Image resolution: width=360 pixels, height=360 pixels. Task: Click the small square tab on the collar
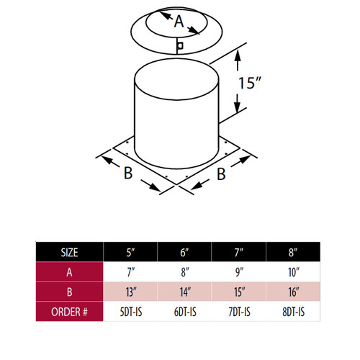[x=181, y=46]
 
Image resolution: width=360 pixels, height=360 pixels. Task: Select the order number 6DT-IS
[x=185, y=312]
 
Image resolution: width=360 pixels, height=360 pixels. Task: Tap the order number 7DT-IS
[x=239, y=312]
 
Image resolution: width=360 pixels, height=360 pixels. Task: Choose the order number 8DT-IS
[x=294, y=312]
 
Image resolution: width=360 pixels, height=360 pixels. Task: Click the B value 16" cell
[x=294, y=293]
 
